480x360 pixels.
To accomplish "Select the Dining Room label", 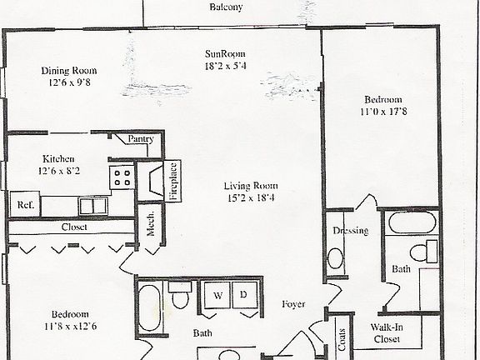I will [x=69, y=70].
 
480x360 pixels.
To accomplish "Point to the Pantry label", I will [x=141, y=139].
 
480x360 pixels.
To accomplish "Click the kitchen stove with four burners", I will [x=122, y=177].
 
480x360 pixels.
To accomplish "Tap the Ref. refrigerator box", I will [x=22, y=204].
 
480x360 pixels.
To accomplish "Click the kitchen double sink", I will [x=92, y=205].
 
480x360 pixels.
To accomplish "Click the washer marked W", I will [x=217, y=294].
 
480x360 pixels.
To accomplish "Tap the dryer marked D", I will [x=244, y=294].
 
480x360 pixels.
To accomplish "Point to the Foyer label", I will [x=293, y=303].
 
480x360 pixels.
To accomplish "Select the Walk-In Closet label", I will [x=387, y=333].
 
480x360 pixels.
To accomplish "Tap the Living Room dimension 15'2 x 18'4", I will [x=250, y=197].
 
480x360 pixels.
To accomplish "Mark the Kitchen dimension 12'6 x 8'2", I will [x=59, y=171].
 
